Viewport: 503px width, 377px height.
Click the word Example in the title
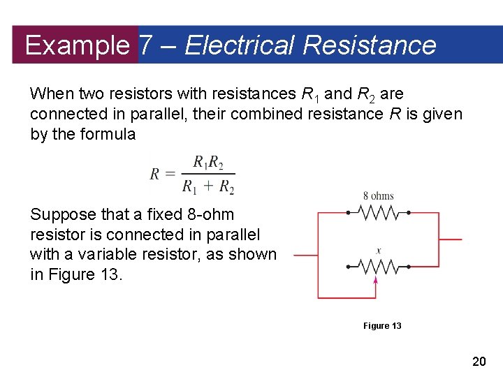[76, 45]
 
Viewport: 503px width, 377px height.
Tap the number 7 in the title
[145, 45]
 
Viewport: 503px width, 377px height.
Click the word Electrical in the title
[240, 45]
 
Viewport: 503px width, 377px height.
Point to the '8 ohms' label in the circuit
[378, 196]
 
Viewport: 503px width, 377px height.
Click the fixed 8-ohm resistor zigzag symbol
[378, 212]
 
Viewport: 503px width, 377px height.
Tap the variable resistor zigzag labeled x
[378, 266]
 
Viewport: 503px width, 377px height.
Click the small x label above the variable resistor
[378, 250]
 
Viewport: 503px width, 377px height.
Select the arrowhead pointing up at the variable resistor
[376, 281]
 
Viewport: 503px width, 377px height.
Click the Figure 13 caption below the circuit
[382, 326]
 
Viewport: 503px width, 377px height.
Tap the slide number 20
[479, 361]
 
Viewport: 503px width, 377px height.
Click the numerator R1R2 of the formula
[208, 162]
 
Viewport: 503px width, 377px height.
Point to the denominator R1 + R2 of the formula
[208, 186]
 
